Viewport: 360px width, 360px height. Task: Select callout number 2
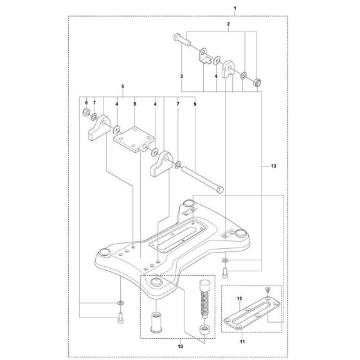228,24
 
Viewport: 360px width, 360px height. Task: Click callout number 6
85,103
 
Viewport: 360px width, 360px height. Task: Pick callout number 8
134,103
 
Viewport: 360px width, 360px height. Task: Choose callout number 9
194,103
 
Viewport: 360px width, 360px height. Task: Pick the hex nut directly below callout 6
86,114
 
